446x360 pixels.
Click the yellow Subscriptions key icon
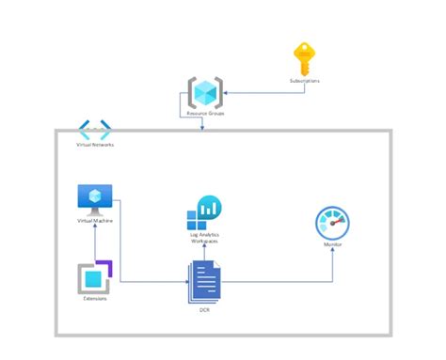(303, 59)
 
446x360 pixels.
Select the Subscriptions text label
(304, 82)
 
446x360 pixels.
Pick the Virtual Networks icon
(94, 129)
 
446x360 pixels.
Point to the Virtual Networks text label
(94, 146)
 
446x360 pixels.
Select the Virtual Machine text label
(94, 221)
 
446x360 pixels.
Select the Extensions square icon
(94, 278)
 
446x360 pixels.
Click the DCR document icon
(204, 280)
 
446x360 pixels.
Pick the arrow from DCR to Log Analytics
(204, 254)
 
